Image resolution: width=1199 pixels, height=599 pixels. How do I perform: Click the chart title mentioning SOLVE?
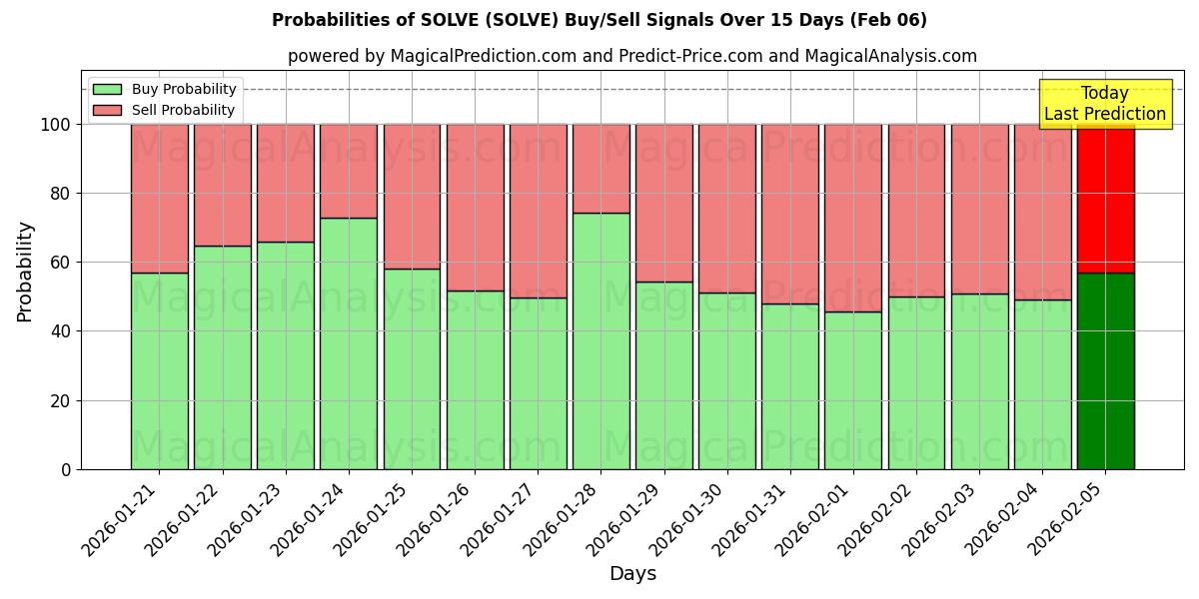pos(599,20)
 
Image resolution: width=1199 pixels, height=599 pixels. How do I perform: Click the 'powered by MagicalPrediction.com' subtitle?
pos(631,56)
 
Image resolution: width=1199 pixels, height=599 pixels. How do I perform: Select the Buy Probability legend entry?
pos(166,89)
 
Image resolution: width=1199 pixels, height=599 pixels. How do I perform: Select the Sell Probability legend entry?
pos(166,110)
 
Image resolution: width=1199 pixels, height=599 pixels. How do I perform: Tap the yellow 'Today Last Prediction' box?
pos(1104,104)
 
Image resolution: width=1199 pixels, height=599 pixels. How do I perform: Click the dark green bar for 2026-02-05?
pos(1105,369)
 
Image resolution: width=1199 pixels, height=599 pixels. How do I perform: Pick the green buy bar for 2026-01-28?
pos(601,339)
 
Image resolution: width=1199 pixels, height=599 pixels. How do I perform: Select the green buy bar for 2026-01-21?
pos(160,369)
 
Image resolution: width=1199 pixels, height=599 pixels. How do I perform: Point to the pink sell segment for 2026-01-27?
pos(539,211)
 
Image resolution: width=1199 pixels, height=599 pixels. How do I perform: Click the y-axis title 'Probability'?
pos(25,271)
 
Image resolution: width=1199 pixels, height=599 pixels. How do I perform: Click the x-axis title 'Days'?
pos(631,573)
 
